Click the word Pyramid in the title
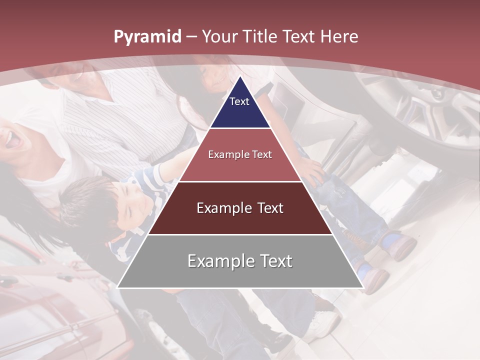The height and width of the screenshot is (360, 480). (x=147, y=37)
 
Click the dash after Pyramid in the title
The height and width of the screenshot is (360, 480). (x=191, y=37)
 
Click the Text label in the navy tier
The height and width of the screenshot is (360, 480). (x=239, y=101)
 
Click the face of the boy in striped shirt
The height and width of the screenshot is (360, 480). (x=131, y=202)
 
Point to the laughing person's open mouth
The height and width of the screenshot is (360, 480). (x=12, y=140)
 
